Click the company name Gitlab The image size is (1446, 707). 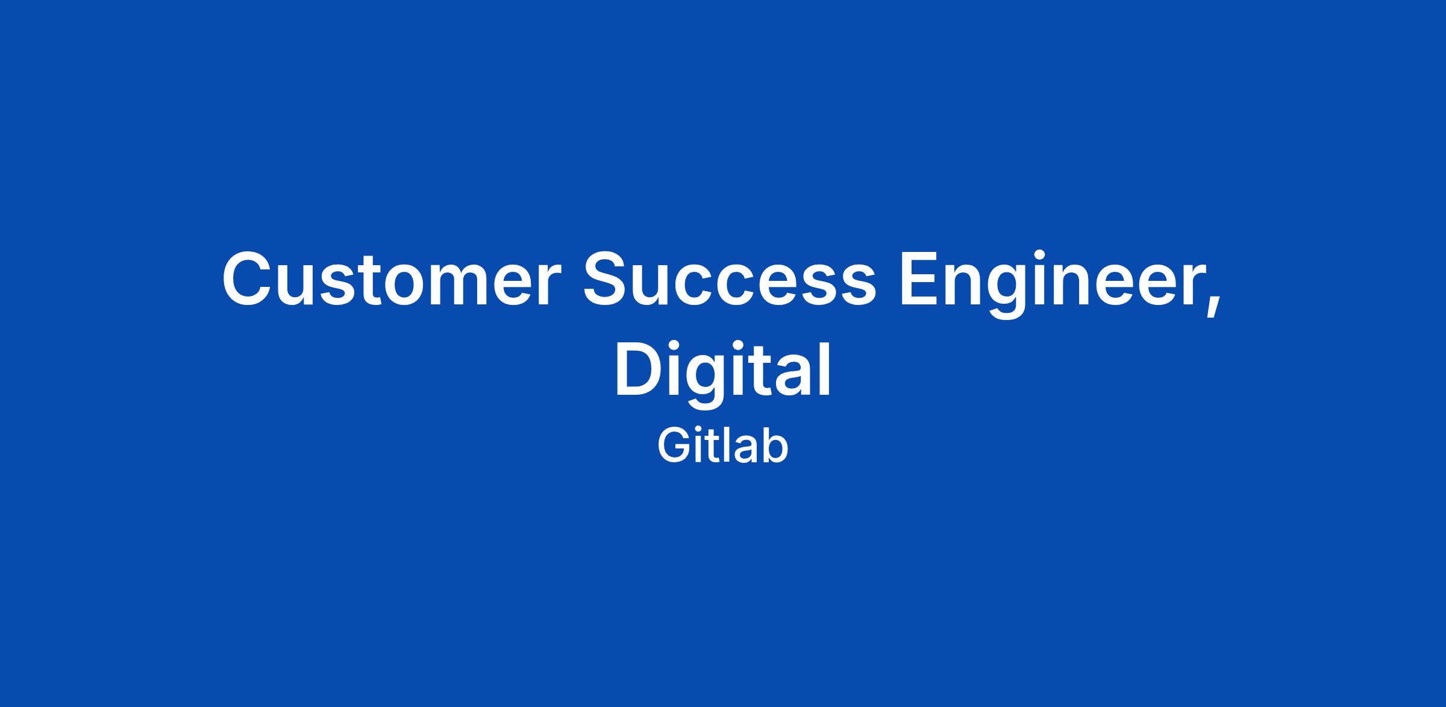[x=722, y=446]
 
